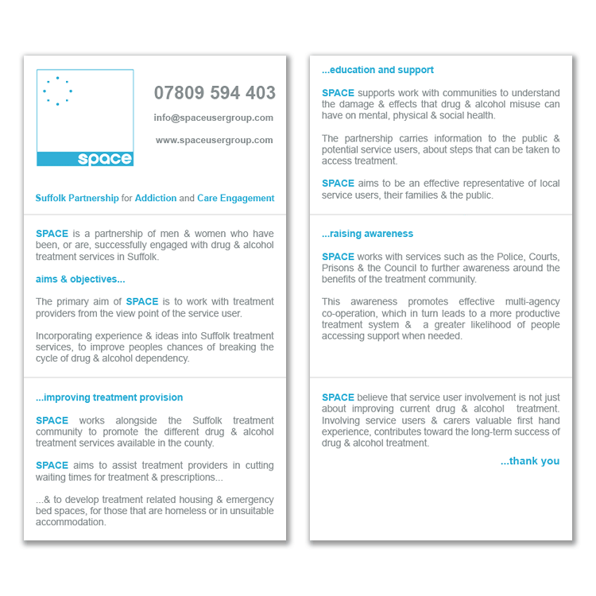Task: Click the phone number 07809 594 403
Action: [215, 93]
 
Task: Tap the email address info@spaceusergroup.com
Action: [214, 118]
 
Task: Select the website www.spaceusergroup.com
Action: [215, 140]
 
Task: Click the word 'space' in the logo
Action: [105, 158]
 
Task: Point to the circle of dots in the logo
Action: [57, 91]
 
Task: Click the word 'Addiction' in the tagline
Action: [156, 198]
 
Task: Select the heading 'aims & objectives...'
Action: [80, 279]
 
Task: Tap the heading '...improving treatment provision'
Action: [109, 397]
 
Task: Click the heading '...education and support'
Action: [377, 70]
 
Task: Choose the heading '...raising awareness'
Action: [367, 234]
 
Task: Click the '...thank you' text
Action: [530, 461]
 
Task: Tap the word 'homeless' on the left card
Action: [178, 511]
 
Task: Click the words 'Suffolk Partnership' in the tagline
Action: [77, 198]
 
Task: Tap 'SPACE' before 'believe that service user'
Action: [338, 397]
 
